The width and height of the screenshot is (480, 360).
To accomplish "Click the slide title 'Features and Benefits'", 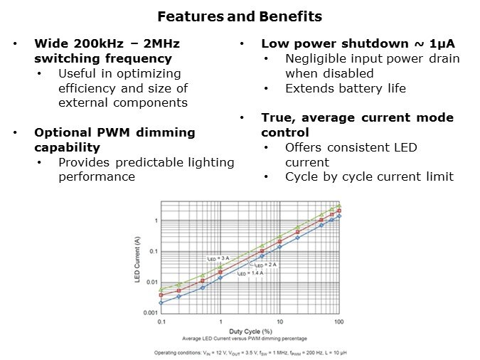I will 240,16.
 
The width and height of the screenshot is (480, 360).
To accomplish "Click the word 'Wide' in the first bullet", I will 50,43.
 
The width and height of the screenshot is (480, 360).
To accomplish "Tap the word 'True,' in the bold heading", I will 279,117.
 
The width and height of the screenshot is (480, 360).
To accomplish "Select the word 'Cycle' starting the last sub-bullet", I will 303,176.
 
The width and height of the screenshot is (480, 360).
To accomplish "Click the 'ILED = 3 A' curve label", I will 217,258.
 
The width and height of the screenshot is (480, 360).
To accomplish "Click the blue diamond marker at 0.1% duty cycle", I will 162,302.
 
